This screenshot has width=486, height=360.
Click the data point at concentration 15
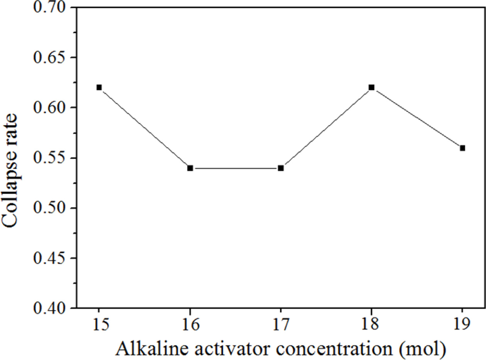(x=99, y=87)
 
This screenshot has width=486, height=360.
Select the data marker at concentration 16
(x=190, y=168)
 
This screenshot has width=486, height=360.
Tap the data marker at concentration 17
(x=281, y=168)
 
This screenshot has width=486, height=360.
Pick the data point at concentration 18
(x=371, y=87)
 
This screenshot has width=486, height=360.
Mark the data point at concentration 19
(x=462, y=148)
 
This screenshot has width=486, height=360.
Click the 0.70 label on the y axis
(x=51, y=7)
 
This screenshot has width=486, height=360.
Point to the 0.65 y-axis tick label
(x=51, y=57)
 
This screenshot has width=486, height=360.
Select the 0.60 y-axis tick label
(x=51, y=108)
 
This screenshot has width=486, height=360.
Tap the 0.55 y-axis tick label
(x=51, y=158)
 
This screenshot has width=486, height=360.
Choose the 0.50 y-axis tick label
(x=51, y=208)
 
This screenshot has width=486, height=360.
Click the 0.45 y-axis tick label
(x=51, y=258)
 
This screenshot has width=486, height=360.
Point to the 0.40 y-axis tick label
(x=51, y=308)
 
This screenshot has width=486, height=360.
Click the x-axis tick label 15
(x=99, y=324)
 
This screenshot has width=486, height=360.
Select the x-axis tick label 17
(x=281, y=324)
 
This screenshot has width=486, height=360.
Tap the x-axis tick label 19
(x=462, y=324)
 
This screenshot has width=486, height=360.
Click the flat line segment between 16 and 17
(x=235, y=168)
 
